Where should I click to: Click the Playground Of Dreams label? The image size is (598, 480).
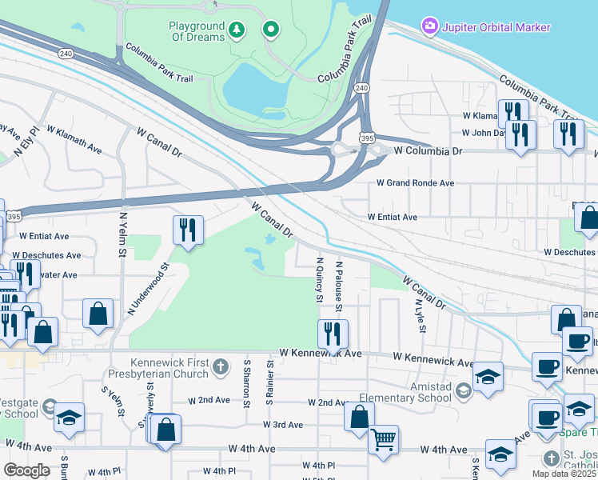(197, 31)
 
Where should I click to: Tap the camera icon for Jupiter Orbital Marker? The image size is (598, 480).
(430, 27)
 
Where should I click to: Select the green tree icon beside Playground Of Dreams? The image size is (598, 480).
(236, 30)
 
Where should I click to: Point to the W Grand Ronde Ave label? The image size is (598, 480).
(416, 183)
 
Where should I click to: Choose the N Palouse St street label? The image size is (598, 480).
(339, 286)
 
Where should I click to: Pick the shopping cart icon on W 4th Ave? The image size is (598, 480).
(384, 438)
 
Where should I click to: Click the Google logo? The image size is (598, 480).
(27, 470)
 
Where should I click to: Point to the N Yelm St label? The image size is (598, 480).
(123, 234)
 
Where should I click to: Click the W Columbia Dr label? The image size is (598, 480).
(428, 150)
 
